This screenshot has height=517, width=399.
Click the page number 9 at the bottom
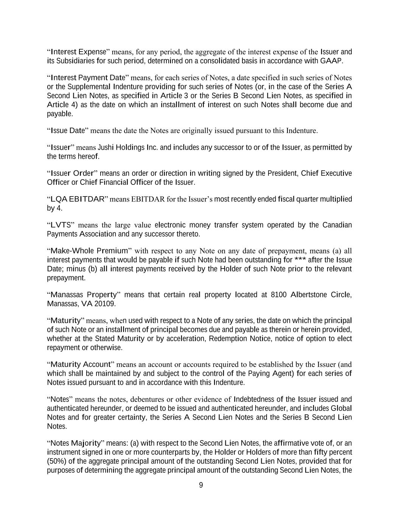tap(201, 485)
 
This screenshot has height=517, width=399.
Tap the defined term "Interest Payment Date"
tap(88, 78)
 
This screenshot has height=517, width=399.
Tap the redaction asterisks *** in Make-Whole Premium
tap(300, 260)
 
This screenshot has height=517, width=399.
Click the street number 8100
tap(279, 295)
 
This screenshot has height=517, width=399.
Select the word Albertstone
tap(309, 295)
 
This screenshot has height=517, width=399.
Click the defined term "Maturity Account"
tap(80, 364)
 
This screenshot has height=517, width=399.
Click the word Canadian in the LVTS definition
tap(337, 225)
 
